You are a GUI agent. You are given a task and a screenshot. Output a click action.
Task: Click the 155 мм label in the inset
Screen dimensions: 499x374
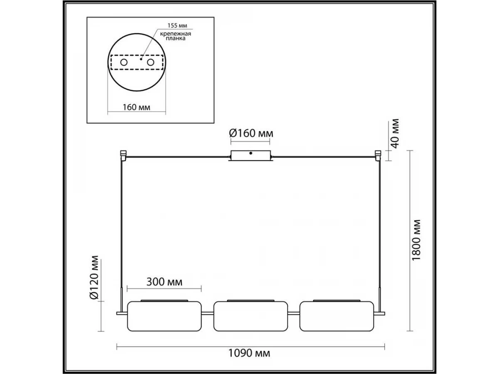[177, 25]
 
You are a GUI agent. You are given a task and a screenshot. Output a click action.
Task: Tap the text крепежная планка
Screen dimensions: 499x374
[175, 36]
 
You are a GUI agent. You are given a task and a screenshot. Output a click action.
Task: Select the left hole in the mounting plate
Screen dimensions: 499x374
[124, 62]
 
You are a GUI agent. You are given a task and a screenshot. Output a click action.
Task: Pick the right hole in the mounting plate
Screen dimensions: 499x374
[151, 62]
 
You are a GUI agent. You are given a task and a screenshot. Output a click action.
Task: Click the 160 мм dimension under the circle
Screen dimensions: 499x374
[136, 107]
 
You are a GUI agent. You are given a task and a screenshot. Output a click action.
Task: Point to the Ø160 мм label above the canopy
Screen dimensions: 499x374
[251, 133]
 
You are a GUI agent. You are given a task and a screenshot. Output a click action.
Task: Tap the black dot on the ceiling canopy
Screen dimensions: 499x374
[251, 153]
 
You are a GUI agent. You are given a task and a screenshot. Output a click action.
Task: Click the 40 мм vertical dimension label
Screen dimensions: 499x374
[395, 133]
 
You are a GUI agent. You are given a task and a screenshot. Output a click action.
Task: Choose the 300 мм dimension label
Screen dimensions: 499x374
[164, 282]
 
